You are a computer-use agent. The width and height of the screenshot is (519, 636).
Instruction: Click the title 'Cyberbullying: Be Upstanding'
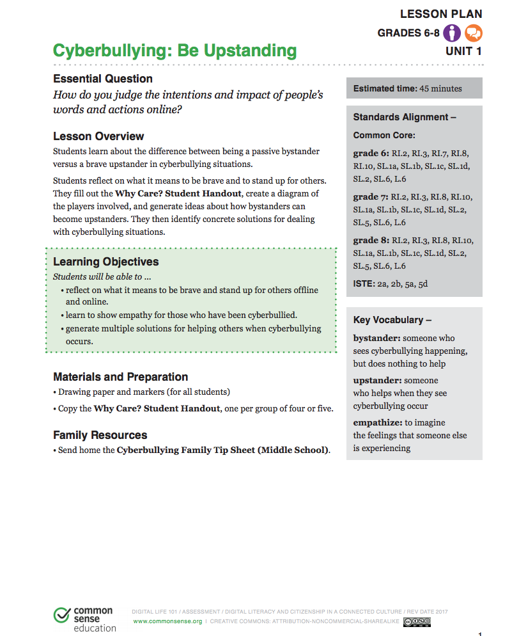174,51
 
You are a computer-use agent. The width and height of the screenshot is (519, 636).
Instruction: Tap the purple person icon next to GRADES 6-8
452,33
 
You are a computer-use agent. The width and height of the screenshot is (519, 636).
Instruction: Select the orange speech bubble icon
473,33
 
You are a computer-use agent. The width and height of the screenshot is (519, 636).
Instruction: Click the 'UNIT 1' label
463,51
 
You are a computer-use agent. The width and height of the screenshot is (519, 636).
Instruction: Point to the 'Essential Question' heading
102,79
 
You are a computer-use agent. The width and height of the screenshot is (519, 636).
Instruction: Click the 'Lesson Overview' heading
98,136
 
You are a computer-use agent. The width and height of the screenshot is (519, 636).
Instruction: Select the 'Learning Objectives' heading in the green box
105,261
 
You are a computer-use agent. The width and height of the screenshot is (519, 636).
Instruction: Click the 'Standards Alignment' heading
405,117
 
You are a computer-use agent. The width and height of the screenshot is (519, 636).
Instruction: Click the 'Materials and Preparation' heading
120,376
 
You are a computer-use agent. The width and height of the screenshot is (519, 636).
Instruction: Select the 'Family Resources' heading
100,434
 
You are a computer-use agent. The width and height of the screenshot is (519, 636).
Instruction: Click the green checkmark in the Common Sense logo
62,616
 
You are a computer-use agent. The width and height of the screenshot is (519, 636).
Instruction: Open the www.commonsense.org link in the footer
167,621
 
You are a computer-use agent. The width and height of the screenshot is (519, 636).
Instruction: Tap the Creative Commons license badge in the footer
417,621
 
